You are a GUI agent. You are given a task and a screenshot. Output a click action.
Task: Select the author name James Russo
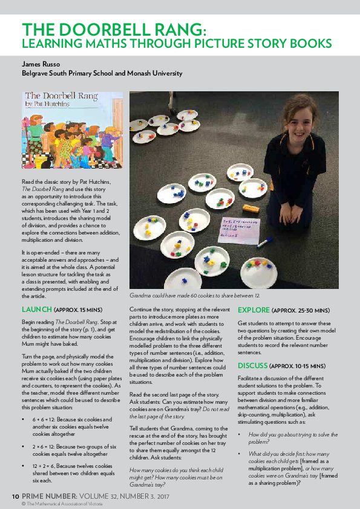coord(41,63)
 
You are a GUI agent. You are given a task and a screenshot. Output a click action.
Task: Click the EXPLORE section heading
coord(254,310)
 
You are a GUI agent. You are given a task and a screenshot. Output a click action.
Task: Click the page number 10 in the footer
coord(15,496)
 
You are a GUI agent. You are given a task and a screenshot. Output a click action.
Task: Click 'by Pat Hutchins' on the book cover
coord(46,104)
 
